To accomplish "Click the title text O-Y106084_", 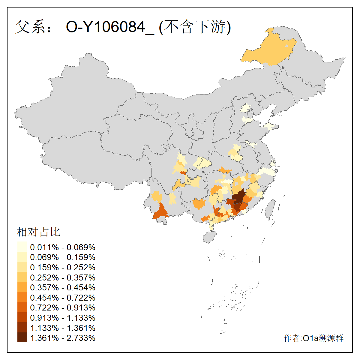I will (x=110, y=27).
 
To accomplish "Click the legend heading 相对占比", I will (x=38, y=232).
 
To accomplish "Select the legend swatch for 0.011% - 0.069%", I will (x=22, y=247).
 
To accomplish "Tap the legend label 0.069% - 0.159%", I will (x=63, y=257).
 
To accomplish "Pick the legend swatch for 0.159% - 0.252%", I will (x=22, y=267).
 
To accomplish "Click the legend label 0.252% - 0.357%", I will (x=63, y=277).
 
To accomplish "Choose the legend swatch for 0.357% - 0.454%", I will (x=22, y=287).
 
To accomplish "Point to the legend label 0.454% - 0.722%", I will (x=63, y=298).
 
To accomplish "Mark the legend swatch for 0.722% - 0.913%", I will (x=22, y=307).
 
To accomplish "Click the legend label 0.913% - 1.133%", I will (x=63, y=318).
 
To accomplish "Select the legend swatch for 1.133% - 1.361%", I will (x=22, y=328).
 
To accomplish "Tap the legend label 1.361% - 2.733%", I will (x=63, y=338).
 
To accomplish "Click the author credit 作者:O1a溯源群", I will (x=313, y=338).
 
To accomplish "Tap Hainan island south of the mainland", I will (x=210, y=237).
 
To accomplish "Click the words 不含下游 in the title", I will (x=195, y=27).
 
